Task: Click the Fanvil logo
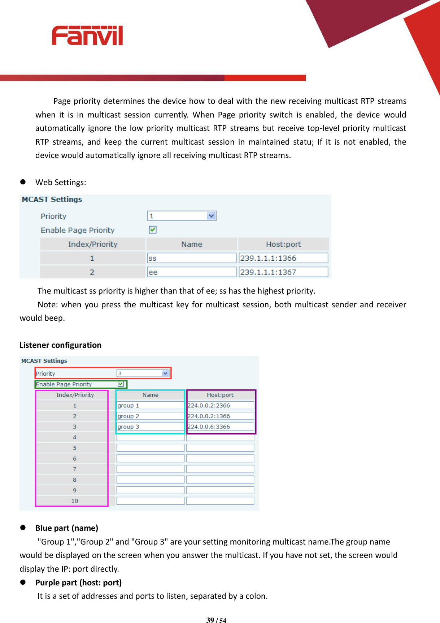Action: (x=87, y=35)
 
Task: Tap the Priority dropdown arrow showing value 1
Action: (x=212, y=216)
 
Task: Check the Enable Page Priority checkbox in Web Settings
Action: (x=153, y=230)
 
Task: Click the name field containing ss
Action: (x=191, y=258)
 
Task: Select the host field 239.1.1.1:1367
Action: (x=283, y=272)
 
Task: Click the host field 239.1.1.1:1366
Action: (x=283, y=258)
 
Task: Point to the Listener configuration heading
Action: (x=60, y=345)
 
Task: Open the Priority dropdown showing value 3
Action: (x=165, y=373)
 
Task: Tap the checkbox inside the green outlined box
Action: (x=121, y=384)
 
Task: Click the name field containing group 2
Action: (x=150, y=416)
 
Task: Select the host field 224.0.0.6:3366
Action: (x=220, y=427)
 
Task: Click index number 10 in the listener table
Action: (x=75, y=501)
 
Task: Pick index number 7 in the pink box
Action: (x=75, y=469)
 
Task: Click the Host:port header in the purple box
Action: (x=220, y=395)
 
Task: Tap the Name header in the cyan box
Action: (x=150, y=395)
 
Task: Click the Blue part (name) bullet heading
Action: (x=67, y=528)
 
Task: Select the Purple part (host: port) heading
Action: (x=78, y=583)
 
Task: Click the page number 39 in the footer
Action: (x=210, y=620)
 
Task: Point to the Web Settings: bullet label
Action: (x=61, y=182)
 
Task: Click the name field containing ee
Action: (x=191, y=272)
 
